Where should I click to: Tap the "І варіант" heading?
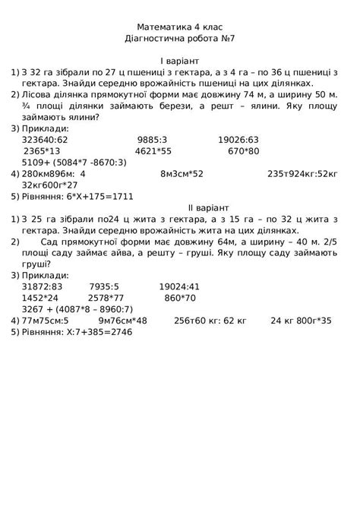pyautogui.click(x=180, y=60)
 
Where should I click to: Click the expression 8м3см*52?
pyautogui.click(x=182, y=173)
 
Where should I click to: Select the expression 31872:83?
pyautogui.click(x=43, y=287)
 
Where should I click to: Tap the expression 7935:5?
pyautogui.click(x=104, y=287)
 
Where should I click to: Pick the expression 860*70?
pyautogui.click(x=180, y=299)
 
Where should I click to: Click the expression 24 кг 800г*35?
pyautogui.click(x=302, y=321)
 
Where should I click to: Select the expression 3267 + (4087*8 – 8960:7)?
pyautogui.click(x=77, y=309)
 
